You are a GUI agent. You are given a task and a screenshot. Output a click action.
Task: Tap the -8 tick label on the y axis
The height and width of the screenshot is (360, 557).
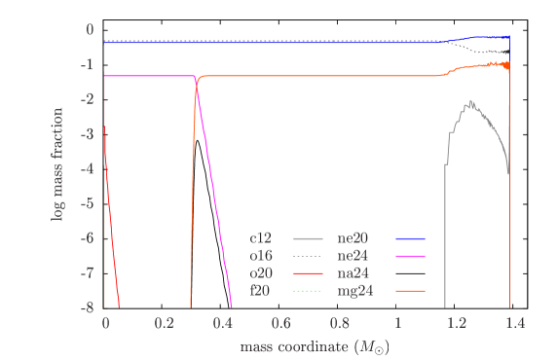(89, 307)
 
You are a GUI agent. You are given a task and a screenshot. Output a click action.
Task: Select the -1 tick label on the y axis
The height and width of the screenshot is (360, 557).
(89, 64)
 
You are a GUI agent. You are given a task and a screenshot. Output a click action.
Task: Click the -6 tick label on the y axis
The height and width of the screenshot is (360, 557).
(89, 238)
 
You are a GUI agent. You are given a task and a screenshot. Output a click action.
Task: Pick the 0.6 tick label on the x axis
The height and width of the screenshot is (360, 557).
(280, 323)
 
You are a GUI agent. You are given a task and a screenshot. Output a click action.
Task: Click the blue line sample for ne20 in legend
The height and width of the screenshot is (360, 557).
(410, 238)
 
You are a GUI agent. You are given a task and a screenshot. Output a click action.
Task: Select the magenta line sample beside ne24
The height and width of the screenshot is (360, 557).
(410, 256)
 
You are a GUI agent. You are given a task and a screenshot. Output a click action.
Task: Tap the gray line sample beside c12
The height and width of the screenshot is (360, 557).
(307, 238)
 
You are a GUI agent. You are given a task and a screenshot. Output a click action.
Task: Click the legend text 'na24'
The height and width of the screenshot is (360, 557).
(353, 273)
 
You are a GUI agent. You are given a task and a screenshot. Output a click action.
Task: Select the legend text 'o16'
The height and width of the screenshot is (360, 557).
(261, 256)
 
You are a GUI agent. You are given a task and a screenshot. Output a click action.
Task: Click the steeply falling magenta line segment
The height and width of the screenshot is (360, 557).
(216, 195)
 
